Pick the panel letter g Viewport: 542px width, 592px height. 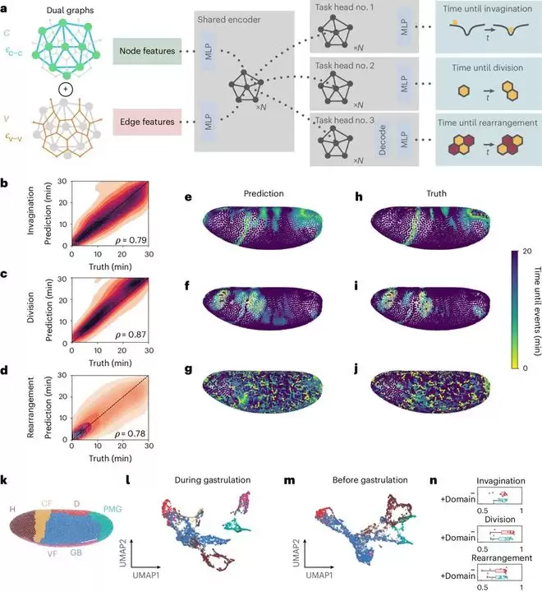[188, 386]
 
